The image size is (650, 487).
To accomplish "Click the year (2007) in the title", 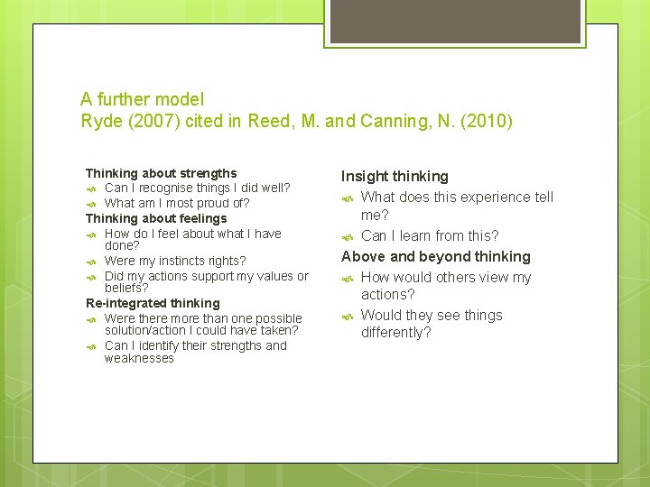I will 146,122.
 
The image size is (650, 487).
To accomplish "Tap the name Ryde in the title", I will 99,122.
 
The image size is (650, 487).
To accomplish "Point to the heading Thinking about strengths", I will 161,173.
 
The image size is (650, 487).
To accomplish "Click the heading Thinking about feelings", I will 156,218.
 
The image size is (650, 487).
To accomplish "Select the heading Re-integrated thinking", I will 153,303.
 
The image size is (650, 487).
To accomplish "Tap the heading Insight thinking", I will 395,176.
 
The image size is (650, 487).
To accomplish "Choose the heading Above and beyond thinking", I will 436,257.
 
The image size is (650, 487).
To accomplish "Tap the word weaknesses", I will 139,358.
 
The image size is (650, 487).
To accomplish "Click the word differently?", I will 396,333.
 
